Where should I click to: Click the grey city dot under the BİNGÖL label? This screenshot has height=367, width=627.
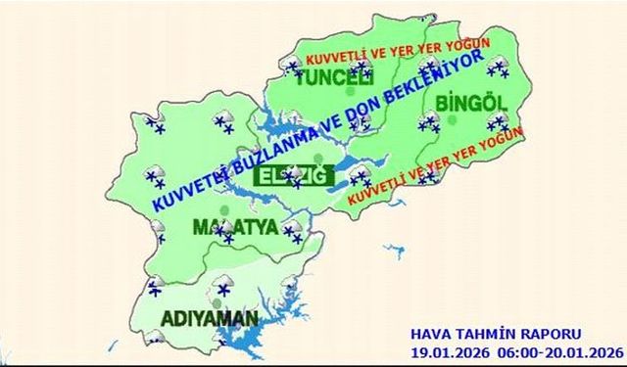click(453, 119)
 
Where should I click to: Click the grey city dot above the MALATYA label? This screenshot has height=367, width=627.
click(224, 209)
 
